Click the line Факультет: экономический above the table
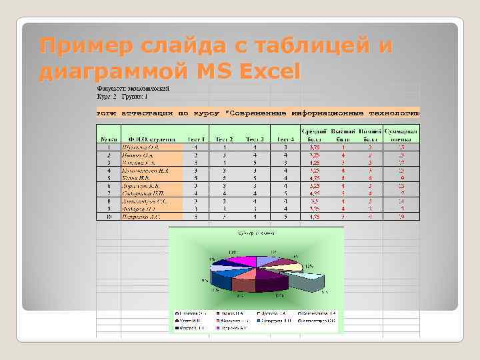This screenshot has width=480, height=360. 133,88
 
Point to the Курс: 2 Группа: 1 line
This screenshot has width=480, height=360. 124,96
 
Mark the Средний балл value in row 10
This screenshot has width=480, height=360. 314,216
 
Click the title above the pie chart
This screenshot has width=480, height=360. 256,233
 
